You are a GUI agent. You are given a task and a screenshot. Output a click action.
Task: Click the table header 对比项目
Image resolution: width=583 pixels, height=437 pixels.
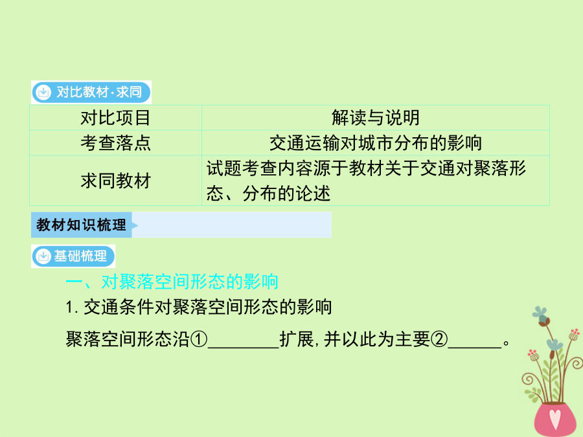116,118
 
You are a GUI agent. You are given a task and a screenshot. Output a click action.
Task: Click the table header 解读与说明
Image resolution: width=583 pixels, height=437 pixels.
376,118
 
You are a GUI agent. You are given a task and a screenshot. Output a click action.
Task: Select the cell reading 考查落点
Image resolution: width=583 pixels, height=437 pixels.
116,143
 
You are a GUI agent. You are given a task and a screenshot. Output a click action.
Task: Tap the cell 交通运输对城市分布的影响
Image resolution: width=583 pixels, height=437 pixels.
376,143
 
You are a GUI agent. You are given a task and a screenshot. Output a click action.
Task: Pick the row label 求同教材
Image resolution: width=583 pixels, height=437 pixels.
116,181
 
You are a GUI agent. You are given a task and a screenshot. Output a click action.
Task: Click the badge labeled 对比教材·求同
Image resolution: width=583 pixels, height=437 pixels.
91,92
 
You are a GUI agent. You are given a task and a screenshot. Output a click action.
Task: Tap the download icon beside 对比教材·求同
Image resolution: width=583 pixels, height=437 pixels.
43,92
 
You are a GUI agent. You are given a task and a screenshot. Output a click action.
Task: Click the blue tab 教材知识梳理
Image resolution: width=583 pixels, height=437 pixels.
82,225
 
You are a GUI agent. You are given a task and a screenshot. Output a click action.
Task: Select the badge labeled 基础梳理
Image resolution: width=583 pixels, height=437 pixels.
73,256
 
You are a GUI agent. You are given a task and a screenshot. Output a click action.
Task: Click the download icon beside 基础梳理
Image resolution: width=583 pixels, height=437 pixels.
43,256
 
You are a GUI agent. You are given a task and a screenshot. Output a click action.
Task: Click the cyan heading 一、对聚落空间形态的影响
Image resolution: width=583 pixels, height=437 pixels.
172,282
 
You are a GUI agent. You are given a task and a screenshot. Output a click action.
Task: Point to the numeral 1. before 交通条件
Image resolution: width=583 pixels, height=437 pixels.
71,308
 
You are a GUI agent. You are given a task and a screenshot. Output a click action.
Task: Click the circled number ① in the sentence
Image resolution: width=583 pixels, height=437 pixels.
199,339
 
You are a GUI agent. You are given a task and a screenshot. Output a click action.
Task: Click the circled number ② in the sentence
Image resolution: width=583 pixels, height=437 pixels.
439,339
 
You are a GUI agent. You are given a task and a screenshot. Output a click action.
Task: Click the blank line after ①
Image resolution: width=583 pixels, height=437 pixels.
244,348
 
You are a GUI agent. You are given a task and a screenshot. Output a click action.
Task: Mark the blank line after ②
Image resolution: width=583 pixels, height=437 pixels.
475,348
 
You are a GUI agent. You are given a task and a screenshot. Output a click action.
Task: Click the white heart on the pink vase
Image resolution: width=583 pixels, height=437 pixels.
554,418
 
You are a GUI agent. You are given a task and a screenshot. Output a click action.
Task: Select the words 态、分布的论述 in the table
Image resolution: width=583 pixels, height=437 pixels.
268,194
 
